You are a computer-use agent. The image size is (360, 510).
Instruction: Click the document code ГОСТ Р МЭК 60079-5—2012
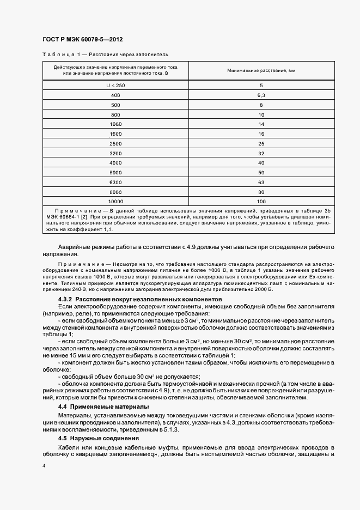pos(82,40)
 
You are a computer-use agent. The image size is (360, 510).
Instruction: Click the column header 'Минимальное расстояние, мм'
pos(261,70)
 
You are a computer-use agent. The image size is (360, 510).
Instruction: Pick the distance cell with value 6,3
pos(261,95)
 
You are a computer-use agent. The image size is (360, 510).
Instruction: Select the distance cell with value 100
pos(261,201)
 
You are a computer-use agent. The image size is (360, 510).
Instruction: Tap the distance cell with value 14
pos(261,124)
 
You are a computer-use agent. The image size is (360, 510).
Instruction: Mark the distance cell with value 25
pos(261,143)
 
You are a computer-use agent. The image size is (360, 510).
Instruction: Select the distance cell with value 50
pos(261,172)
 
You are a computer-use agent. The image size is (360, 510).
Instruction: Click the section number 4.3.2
pos(65,300)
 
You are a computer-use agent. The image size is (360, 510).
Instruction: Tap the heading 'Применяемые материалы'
pos(103,406)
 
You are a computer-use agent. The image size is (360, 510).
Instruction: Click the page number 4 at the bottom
pos(44,467)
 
